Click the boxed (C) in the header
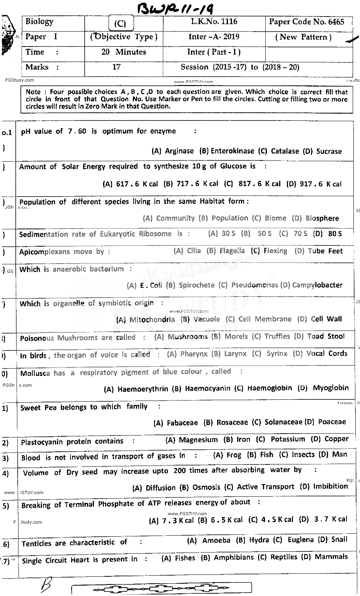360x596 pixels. tap(120, 24)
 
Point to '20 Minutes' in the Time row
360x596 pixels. tap(124, 52)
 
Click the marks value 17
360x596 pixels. tap(116, 67)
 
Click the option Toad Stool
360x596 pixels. tap(325, 336)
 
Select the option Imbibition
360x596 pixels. tap(330, 486)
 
